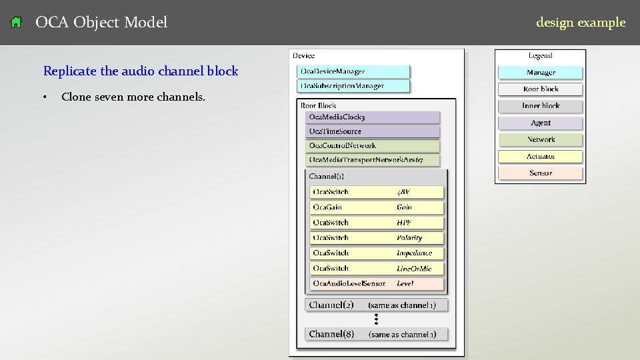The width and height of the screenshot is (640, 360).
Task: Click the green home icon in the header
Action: (x=17, y=23)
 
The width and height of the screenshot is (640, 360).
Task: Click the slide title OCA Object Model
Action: (x=101, y=23)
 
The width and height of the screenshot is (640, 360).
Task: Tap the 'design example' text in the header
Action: (x=580, y=23)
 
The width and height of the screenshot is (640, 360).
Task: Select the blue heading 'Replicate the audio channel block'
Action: (x=140, y=71)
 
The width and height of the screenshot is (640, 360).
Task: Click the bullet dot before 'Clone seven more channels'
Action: (x=45, y=97)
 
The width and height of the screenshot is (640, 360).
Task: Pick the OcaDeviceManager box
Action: (x=353, y=71)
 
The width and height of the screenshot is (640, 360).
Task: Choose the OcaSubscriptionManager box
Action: (x=353, y=86)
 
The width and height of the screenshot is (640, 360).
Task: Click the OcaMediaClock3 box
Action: (x=373, y=117)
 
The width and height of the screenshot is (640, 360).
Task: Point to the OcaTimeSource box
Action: (x=373, y=131)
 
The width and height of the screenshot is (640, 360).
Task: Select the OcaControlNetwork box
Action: (x=373, y=145)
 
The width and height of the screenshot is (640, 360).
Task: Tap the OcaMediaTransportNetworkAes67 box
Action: (x=373, y=160)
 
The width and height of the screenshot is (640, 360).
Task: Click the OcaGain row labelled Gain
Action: (x=377, y=207)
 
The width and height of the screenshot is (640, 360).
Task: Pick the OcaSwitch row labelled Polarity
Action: (x=377, y=238)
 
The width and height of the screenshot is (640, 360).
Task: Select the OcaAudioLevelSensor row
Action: (x=377, y=283)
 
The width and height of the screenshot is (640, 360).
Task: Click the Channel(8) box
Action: (x=377, y=334)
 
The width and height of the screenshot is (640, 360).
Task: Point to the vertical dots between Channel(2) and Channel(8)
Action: (x=376, y=319)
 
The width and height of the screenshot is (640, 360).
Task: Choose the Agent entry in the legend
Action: (x=540, y=123)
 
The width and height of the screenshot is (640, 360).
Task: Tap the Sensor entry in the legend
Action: (x=540, y=173)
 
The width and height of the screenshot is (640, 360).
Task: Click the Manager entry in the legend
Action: (x=540, y=73)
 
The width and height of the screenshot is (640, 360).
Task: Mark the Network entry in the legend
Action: (x=540, y=139)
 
